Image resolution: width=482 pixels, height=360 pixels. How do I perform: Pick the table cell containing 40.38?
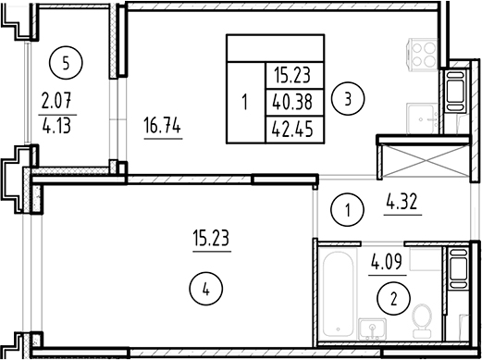click(293, 102)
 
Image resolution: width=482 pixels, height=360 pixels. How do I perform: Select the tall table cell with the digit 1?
click(244, 102)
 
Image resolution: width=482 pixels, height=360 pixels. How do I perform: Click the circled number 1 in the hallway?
click(345, 210)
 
